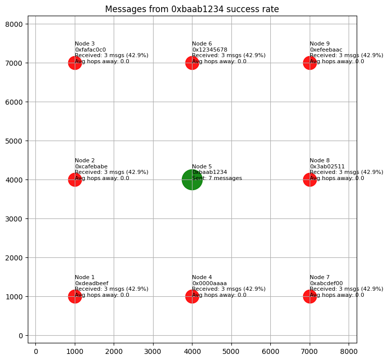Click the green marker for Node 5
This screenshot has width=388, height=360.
coord(192,179)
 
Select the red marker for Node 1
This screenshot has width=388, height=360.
coord(75,296)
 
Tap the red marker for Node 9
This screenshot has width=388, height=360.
coord(310,63)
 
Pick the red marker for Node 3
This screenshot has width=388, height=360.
coord(75,63)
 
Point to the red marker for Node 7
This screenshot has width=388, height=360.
coord(310,296)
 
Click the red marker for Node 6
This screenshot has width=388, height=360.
coord(192,63)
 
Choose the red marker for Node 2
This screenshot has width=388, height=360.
coord(75,179)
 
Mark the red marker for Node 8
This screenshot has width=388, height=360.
coord(310,179)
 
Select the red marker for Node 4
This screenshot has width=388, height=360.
coord(192,296)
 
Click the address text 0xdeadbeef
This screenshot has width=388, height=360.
coord(91,283)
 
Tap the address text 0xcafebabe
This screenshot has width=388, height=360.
coord(91,166)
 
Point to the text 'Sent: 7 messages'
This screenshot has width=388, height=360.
coord(217,178)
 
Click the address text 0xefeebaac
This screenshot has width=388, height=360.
coord(326,50)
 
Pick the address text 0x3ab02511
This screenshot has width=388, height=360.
coord(327,166)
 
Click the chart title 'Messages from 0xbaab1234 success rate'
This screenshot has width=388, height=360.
coord(192,9)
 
